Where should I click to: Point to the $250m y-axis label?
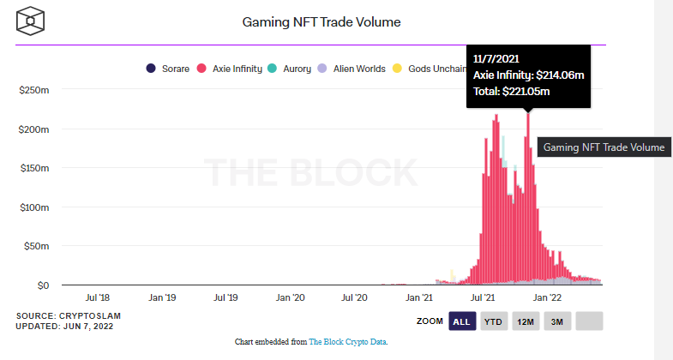tap(34, 90)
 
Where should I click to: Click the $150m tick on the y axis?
tap(34, 168)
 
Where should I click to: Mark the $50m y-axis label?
tap(36, 246)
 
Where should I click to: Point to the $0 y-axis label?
tap(42, 285)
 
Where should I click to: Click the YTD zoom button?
tap(492, 321)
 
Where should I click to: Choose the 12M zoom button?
tap(525, 321)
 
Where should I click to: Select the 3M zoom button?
tap(557, 321)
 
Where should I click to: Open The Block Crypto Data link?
tap(347, 341)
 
